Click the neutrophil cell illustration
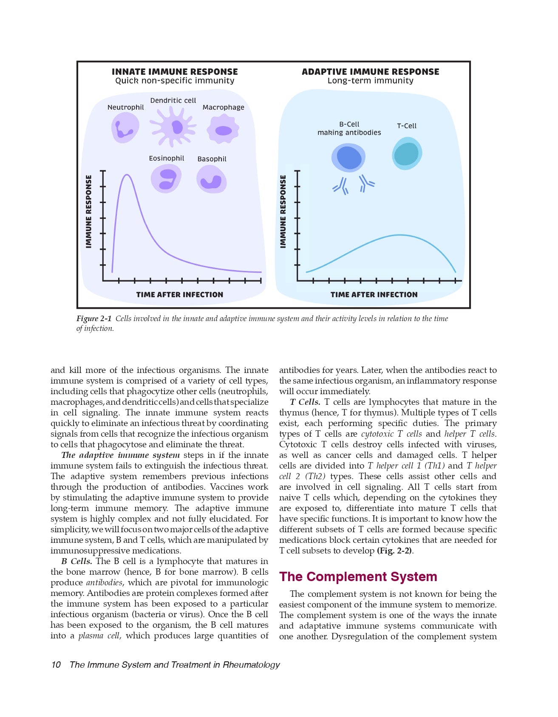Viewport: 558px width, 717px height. click(125, 128)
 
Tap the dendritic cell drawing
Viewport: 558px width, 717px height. click(173, 126)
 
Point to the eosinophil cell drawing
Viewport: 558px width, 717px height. click(166, 179)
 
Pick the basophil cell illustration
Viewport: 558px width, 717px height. click(211, 180)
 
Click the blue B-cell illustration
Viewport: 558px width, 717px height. click(348, 158)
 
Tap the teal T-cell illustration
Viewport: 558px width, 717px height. click(407, 153)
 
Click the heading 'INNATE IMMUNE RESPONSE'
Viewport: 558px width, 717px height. click(175, 72)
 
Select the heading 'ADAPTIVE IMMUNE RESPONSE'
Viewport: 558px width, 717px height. click(370, 72)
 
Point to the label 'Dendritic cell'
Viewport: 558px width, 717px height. click(173, 101)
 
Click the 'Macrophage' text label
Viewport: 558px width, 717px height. click(223, 107)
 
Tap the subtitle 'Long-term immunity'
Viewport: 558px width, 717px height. click(370, 81)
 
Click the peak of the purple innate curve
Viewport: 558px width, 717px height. click(126, 175)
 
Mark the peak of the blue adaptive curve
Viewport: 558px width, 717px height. click(399, 235)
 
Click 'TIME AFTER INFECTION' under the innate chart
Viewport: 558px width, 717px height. click(179, 294)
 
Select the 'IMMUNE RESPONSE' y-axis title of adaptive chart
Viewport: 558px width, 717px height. click(283, 212)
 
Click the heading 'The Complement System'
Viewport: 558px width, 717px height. click(358, 576)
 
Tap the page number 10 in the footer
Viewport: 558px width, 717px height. click(56, 665)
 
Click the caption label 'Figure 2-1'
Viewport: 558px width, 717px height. click(94, 319)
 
